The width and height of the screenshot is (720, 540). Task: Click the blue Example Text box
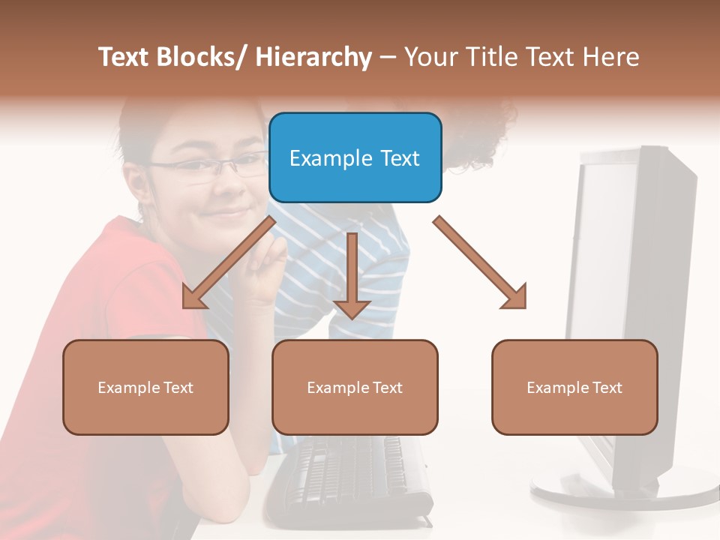click(355, 157)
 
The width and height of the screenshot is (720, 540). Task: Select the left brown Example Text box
click(145, 387)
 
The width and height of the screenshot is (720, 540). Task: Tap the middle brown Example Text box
click(355, 387)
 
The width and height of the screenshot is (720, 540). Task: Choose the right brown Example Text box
click(574, 387)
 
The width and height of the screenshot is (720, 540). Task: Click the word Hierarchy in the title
click(313, 57)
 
